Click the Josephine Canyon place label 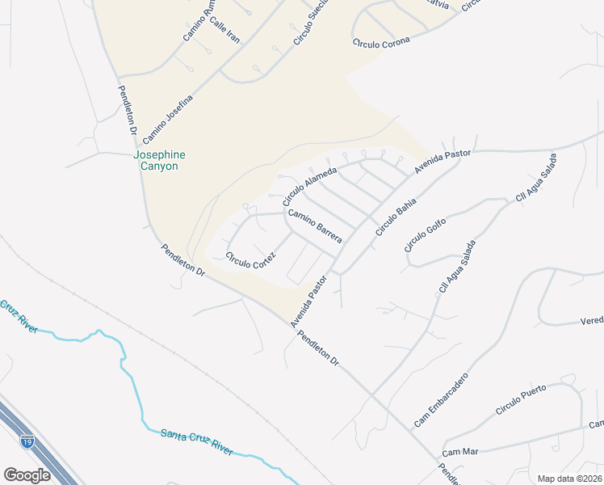(159, 160)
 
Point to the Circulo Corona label (381, 42)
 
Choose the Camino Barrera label (315, 226)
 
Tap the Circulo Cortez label (251, 260)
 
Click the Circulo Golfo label (426, 232)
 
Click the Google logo (27, 474)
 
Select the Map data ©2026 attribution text (568, 479)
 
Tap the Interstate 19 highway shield (27, 442)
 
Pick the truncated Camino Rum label (199, 21)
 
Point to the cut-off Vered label (591, 321)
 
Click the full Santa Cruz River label (197, 442)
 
